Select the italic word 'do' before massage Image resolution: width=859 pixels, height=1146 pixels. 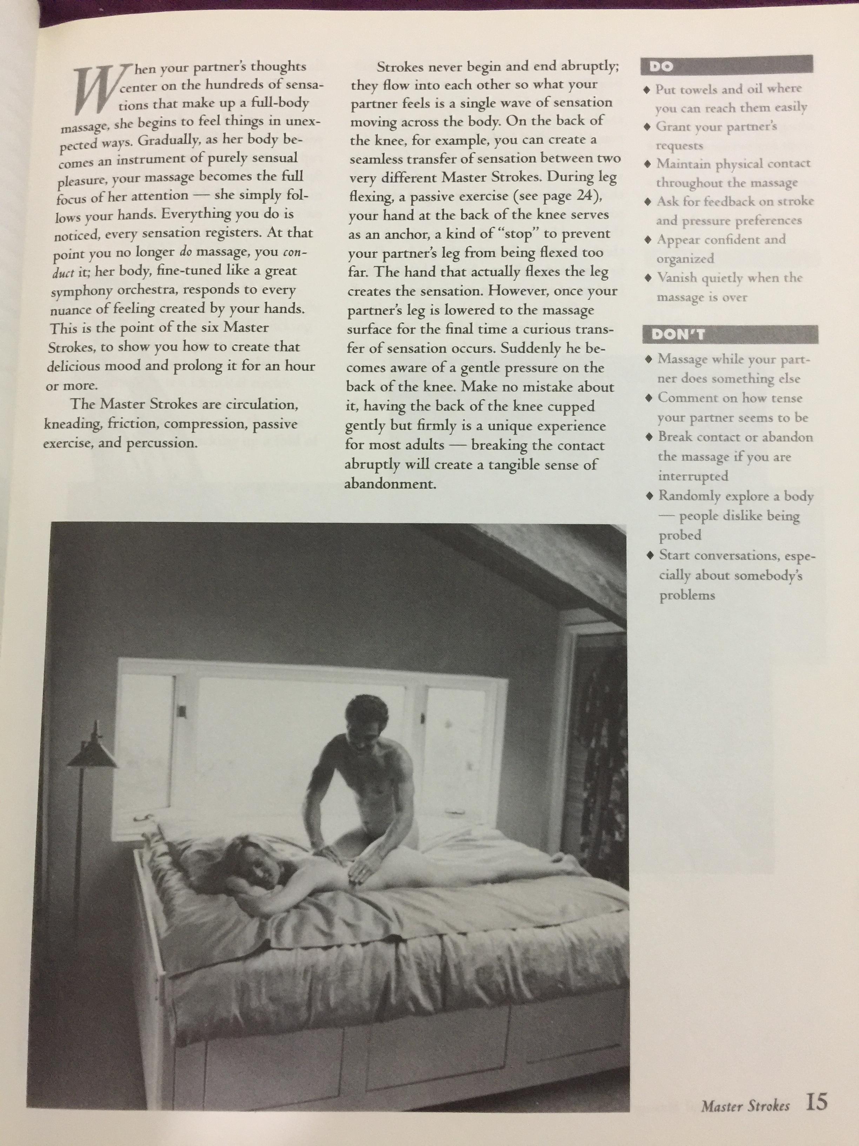pos(185,253)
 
